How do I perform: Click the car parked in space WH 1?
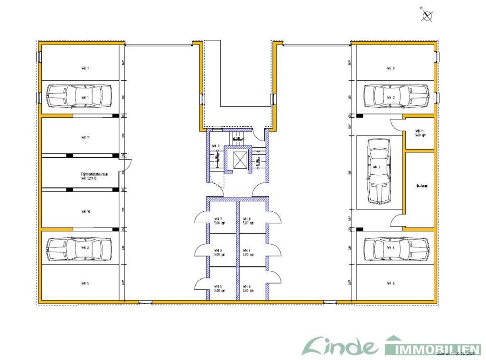coord(79,97)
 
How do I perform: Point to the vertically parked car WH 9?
coord(378,171)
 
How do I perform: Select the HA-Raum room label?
coord(421,186)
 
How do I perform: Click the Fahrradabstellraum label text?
coord(94,175)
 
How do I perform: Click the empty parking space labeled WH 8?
coord(391,68)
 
